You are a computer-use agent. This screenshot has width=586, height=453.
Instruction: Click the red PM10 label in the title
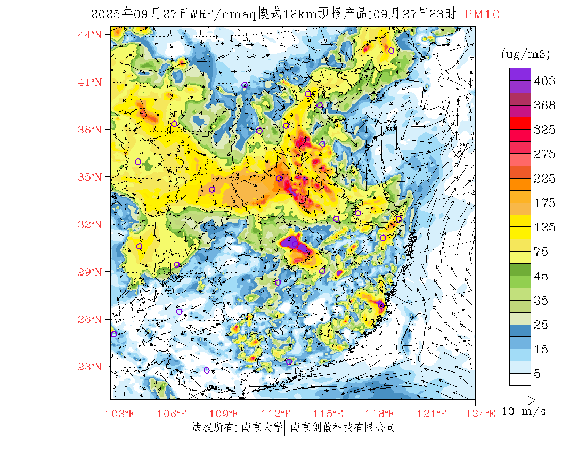tap(482, 14)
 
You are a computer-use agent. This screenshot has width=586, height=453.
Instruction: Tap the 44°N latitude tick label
tap(89, 35)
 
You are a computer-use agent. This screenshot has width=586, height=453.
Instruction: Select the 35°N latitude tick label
tap(89, 177)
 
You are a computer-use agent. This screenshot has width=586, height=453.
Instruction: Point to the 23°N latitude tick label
tap(89, 367)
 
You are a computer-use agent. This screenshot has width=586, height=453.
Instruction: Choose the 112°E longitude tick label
tap(279, 414)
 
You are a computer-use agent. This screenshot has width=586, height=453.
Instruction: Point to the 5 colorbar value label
tap(538, 374)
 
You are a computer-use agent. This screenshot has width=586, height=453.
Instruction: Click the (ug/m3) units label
tap(525, 54)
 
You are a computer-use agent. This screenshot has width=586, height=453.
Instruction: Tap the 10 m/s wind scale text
tap(524, 411)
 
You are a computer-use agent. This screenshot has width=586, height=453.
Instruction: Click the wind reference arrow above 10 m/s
tap(522, 399)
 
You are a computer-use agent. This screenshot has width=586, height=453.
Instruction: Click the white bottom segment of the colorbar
tap(519, 379)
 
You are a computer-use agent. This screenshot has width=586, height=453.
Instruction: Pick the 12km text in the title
tap(300, 14)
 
